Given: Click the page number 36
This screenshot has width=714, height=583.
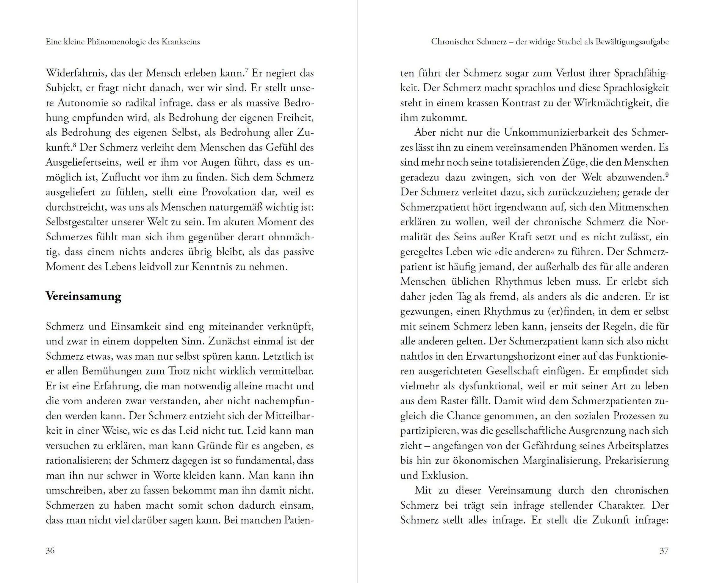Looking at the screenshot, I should [x=50, y=551].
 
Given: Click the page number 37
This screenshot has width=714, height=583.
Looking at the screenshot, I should [x=664, y=551].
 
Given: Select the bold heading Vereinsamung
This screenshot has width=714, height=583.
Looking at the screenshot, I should [x=83, y=297].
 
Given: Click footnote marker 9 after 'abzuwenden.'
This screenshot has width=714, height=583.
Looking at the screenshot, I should [x=667, y=174].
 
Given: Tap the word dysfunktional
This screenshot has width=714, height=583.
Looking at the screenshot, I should [x=491, y=386].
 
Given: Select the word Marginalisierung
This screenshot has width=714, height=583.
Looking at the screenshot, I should [x=561, y=460].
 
